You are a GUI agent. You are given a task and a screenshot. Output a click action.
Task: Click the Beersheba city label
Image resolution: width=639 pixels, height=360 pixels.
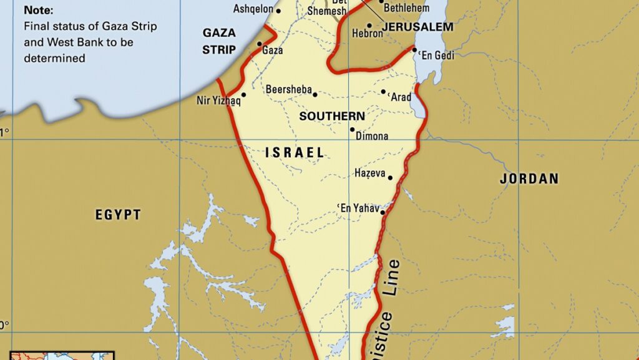288,90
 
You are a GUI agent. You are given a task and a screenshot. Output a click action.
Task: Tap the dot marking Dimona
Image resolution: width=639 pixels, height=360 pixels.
352,130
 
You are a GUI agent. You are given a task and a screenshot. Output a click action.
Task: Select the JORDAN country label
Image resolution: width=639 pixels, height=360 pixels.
529,179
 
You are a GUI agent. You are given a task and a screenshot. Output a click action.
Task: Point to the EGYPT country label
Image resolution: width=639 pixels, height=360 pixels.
118,215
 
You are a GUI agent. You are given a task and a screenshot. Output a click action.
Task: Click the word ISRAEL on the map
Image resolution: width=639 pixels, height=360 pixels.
295,152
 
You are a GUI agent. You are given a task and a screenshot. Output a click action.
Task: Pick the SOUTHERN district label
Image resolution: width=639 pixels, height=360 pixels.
332,116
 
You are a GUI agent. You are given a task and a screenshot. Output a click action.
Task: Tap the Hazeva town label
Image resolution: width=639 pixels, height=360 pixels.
369,173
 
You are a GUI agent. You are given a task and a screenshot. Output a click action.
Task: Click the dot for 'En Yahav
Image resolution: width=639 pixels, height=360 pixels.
383,212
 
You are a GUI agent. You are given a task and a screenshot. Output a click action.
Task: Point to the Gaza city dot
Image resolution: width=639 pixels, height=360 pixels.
259,44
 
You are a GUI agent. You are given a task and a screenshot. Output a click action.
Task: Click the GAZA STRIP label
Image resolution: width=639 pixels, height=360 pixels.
219,41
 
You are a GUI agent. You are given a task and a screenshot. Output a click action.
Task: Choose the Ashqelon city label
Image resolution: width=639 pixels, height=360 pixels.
252,9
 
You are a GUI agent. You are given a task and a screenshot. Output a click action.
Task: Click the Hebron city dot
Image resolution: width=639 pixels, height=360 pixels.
369,26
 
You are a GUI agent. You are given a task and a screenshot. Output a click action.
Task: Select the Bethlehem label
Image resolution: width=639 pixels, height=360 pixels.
407,8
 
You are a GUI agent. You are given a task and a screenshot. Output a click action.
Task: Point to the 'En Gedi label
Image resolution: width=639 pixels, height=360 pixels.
437,56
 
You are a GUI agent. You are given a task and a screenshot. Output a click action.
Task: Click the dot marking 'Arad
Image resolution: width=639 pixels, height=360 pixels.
383,92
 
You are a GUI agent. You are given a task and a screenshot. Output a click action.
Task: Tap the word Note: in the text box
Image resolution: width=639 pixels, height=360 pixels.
39,11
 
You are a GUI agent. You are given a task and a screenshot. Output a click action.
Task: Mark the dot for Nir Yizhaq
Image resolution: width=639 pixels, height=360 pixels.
243,95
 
